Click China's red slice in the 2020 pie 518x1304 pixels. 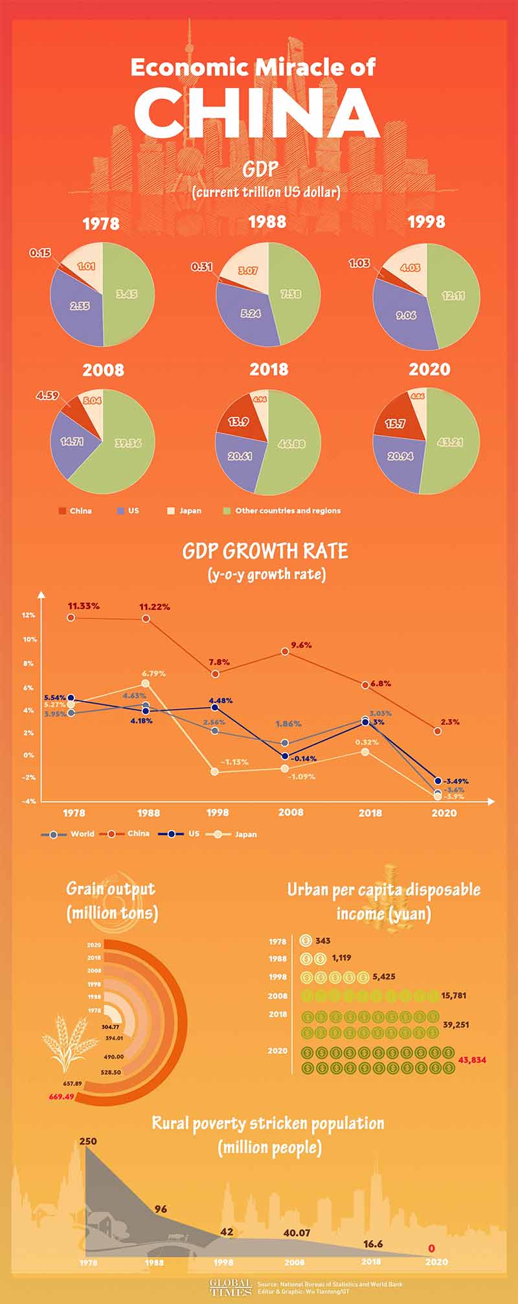click(396, 423)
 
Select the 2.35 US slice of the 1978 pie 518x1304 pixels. click(79, 306)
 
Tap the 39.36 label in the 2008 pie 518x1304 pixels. click(128, 444)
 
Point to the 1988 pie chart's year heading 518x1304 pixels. click(267, 222)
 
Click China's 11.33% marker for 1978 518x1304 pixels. click(71, 618)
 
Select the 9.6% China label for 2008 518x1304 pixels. click(301, 645)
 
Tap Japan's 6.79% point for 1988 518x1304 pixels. click(145, 683)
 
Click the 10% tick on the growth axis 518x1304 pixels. click(29, 640)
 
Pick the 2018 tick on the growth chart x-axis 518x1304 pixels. click(370, 813)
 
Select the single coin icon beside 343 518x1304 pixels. click(306, 941)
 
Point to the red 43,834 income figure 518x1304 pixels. click(472, 1060)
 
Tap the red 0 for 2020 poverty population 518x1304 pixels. click(431, 1248)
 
